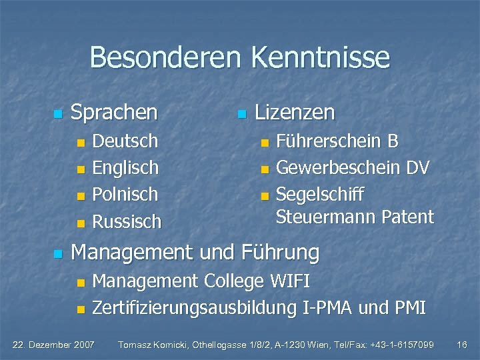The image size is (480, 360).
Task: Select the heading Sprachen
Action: [x=114, y=112]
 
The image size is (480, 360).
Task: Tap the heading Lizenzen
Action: [x=295, y=112]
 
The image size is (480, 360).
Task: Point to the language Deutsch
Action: [x=125, y=141]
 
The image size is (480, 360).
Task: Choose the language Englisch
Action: [x=125, y=167]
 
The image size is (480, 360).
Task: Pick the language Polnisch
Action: [x=125, y=194]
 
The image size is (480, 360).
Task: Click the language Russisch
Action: [x=127, y=221]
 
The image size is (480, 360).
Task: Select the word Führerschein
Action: [x=327, y=141]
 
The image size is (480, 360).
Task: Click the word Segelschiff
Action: [x=320, y=194]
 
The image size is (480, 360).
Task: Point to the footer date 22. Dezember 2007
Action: [x=55, y=345]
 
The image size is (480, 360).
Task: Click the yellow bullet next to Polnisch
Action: [x=81, y=195]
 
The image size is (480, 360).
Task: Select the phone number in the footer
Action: [x=397, y=345]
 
